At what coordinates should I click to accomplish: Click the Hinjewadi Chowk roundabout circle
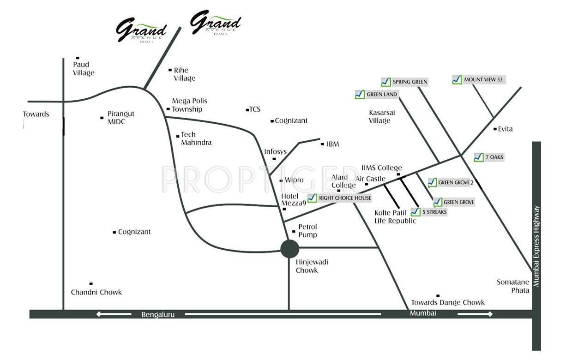pos(289,249)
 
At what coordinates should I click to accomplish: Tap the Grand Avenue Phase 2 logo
pos(216,23)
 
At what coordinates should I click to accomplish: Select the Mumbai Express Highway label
pos(536,246)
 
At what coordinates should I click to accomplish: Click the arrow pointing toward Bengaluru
pos(107,314)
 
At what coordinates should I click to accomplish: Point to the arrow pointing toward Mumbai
pos(475,314)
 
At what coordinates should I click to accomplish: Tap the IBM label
pos(332,144)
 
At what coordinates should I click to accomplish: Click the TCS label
pos(255,109)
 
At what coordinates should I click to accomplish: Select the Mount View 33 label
pos(483,80)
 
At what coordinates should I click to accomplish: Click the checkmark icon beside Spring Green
pos(386,82)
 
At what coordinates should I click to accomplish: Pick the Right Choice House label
pos(345,198)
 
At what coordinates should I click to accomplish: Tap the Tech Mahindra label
pos(196,138)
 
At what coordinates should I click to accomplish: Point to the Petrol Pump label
pos(307,231)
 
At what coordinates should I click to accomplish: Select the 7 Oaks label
pos(494,157)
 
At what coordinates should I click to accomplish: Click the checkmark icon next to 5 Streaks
pos(415,212)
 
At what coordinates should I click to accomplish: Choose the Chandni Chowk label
pos(96,292)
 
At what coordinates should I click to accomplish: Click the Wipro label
pos(294,180)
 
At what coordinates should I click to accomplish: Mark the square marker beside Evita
pos(495,129)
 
